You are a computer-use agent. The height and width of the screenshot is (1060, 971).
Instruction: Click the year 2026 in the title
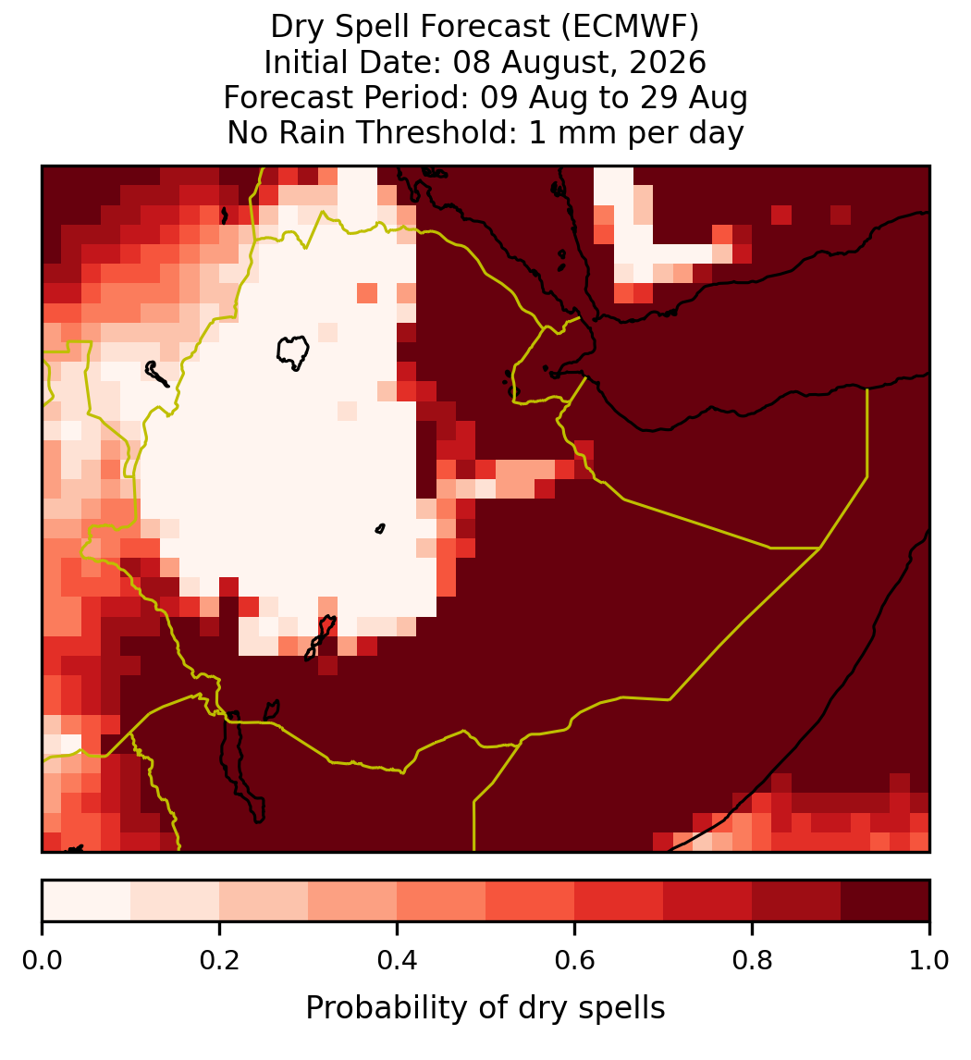[668, 62]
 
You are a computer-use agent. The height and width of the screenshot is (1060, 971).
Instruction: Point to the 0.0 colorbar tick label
[42, 961]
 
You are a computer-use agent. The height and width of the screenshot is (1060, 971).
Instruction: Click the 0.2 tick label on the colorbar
[219, 961]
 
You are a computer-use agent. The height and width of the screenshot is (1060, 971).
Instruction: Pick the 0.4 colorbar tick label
[398, 961]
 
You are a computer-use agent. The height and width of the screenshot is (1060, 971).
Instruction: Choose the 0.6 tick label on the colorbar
[575, 961]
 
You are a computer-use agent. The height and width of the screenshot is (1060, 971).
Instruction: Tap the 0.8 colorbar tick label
[753, 961]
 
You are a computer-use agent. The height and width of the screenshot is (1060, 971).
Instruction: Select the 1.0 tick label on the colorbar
[929, 961]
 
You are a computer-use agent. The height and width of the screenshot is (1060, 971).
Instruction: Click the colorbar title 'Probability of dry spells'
[485, 1008]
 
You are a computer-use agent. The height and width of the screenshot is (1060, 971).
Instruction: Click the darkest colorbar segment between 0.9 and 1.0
[885, 901]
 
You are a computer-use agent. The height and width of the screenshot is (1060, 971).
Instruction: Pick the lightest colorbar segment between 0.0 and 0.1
[87, 901]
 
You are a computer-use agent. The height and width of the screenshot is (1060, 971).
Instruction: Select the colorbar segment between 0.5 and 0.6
[531, 901]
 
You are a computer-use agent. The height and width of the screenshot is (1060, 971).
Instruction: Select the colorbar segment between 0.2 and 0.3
[264, 901]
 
